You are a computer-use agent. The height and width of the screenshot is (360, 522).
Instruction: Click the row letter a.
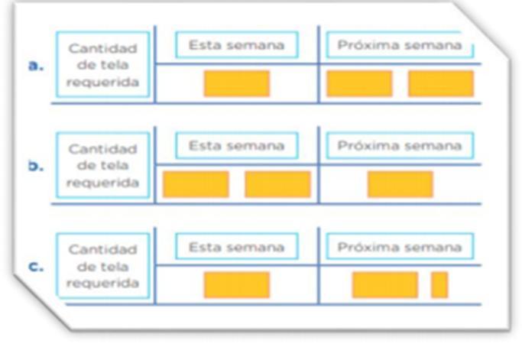pyautogui.click(x=35, y=66)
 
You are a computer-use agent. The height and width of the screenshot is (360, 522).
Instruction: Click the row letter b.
pyautogui.click(x=35, y=166)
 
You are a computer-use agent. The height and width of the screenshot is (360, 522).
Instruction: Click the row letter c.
pyautogui.click(x=35, y=268)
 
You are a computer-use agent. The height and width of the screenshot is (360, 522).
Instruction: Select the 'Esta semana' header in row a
pyautogui.click(x=236, y=45)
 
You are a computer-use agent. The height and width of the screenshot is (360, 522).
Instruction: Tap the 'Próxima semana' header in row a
pyautogui.click(x=400, y=45)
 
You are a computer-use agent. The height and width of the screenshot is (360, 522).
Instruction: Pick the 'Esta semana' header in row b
pyautogui.click(x=236, y=145)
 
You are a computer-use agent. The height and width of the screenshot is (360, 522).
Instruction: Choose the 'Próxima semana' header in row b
pyautogui.click(x=400, y=145)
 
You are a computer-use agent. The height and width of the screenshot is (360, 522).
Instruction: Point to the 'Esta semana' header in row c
pyautogui.click(x=236, y=246)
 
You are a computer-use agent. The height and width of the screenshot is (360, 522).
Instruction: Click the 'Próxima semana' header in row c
pyautogui.click(x=400, y=247)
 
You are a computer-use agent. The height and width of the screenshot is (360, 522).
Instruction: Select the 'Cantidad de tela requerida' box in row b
pyautogui.click(x=102, y=166)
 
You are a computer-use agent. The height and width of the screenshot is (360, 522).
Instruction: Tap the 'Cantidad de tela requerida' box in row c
pyautogui.click(x=102, y=267)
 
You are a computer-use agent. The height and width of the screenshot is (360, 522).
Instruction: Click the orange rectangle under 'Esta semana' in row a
pyautogui.click(x=236, y=83)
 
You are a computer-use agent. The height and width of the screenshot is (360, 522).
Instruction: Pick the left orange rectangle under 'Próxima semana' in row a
pyautogui.click(x=359, y=83)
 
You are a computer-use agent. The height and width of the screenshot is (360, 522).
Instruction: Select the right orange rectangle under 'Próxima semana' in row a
pyautogui.click(x=440, y=83)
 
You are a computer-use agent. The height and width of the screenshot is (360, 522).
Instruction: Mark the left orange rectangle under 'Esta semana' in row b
pyautogui.click(x=196, y=184)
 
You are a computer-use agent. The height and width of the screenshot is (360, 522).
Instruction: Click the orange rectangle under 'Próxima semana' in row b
pyautogui.click(x=400, y=184)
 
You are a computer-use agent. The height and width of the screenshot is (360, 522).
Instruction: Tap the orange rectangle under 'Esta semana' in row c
pyautogui.click(x=236, y=284)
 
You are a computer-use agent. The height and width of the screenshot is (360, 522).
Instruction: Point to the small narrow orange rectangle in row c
pyautogui.click(x=439, y=284)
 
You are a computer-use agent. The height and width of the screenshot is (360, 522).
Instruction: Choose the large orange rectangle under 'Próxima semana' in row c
pyautogui.click(x=384, y=284)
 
